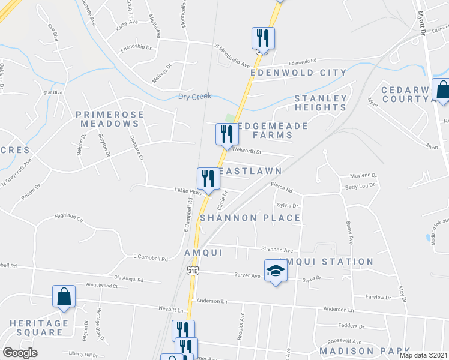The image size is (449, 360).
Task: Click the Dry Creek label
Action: click(196, 97)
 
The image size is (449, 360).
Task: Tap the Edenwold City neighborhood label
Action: click(299, 73)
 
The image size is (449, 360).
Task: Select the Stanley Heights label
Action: click(321, 103)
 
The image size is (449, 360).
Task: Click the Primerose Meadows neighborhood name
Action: click(107, 118)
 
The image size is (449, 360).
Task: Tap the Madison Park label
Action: click(364, 350)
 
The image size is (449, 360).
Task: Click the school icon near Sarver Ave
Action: click(276, 271)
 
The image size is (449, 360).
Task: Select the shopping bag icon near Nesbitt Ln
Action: click(64, 296)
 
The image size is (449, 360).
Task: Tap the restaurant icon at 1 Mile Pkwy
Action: click(208, 178)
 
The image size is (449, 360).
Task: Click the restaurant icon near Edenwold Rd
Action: click(262, 38)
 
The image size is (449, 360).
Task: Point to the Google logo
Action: click(20, 353)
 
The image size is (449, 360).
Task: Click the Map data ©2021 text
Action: click(423, 355)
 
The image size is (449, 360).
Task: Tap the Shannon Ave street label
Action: click(276, 250)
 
